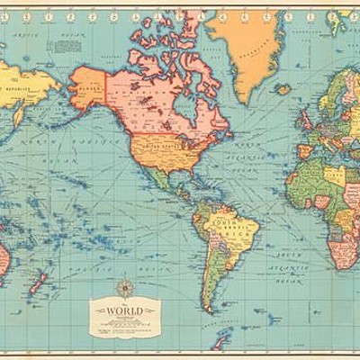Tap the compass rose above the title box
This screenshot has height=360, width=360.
[125, 289]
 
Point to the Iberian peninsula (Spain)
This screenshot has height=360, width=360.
[306, 149]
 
